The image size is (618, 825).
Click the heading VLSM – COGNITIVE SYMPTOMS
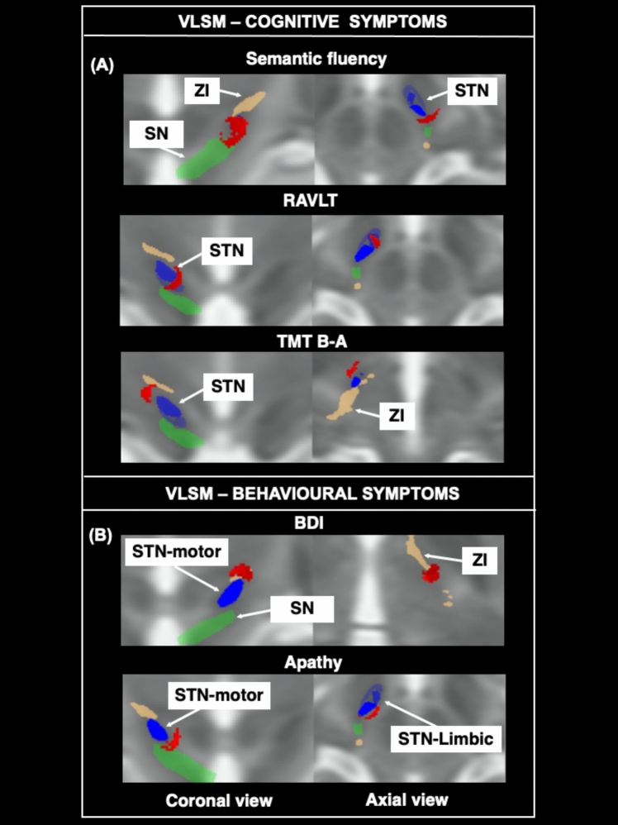pos(309,21)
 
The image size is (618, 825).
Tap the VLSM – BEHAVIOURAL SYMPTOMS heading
pos(309,494)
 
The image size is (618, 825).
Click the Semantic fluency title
pos(316,60)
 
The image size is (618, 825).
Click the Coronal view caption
pos(219,800)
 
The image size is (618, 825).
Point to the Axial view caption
pos(406,799)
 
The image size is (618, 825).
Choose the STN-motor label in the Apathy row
pos(218,694)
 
